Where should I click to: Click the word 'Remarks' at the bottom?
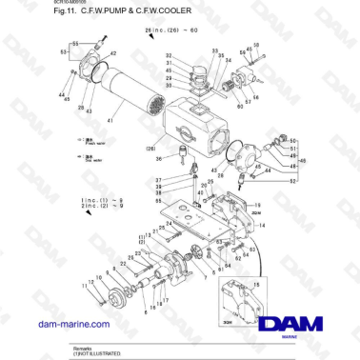point(84,348)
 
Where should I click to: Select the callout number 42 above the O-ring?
point(114,54)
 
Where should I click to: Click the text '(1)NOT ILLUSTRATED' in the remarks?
point(97,353)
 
